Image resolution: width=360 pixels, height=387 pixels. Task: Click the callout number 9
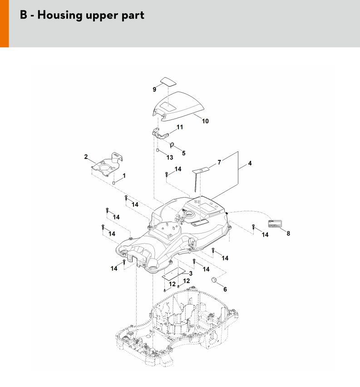tap(154, 89)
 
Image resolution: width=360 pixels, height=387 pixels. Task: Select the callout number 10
tap(205, 121)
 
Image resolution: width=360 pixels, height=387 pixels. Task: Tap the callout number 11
tap(180, 127)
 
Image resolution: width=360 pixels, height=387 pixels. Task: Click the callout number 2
tap(86, 157)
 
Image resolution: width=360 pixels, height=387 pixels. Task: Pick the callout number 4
tap(250, 163)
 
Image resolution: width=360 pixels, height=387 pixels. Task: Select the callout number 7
tap(219, 162)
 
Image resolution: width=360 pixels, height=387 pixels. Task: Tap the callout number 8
tap(287, 233)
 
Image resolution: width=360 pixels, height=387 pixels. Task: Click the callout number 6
tap(225, 289)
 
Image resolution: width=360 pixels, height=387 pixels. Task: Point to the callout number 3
tap(191, 273)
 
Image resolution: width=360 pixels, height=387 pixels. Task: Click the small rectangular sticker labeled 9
tap(168, 81)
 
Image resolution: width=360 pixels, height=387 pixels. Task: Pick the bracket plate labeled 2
tap(107, 163)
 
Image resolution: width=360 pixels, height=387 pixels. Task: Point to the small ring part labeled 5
tap(173, 145)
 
